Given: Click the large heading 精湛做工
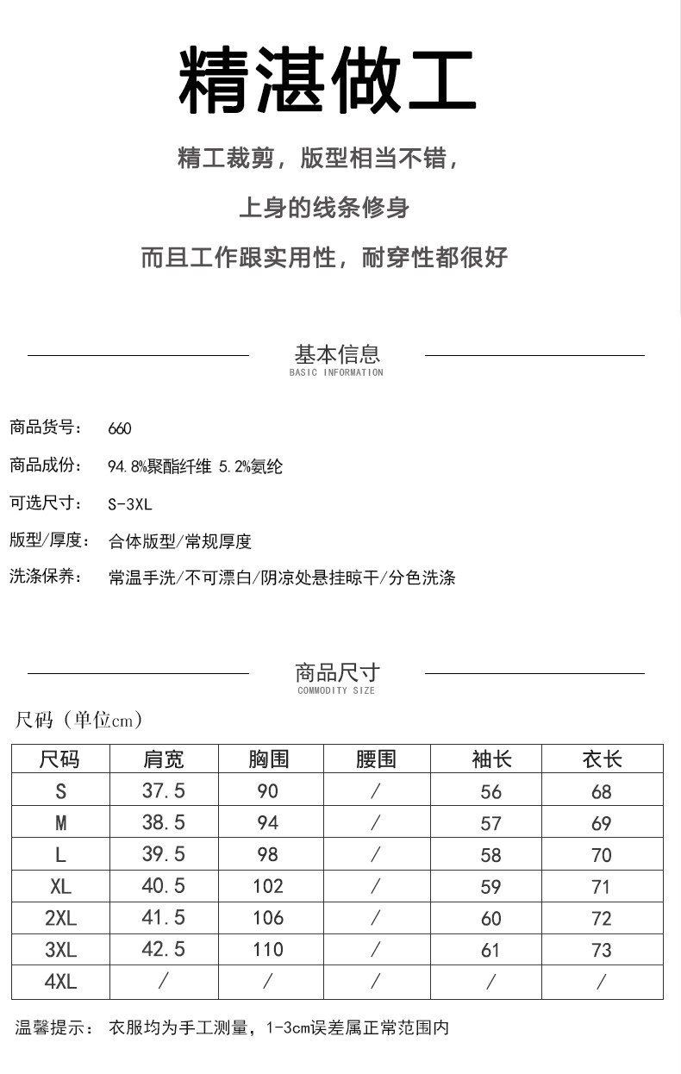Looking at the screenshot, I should pyautogui.click(x=328, y=81).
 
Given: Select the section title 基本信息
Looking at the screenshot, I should pyautogui.click(x=337, y=353).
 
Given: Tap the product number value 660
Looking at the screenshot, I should pyautogui.click(x=120, y=428).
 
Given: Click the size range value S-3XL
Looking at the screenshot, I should pyautogui.click(x=130, y=504).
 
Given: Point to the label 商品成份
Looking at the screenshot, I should pyautogui.click(x=45, y=466).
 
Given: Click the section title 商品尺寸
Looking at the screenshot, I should pyautogui.click(x=337, y=672).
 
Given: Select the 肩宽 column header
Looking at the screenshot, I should pyautogui.click(x=163, y=759).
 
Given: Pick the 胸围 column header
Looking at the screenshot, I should pyautogui.click(x=268, y=759).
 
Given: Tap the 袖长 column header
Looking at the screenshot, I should pyautogui.click(x=491, y=759).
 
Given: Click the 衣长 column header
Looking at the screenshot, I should pyautogui.click(x=602, y=759).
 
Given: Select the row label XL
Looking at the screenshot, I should pyautogui.click(x=60, y=886).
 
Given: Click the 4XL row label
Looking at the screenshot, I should pyautogui.click(x=60, y=981).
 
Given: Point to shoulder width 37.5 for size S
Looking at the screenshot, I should pyautogui.click(x=163, y=790).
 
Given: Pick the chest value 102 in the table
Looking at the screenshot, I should pyautogui.click(x=268, y=886).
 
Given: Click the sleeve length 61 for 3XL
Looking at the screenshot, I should pyautogui.click(x=491, y=950).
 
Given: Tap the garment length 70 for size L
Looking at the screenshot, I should pyautogui.click(x=602, y=855).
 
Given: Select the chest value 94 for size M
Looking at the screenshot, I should pyautogui.click(x=268, y=823).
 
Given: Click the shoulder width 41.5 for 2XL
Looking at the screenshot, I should pyautogui.click(x=163, y=918).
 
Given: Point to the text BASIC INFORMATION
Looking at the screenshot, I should pyautogui.click(x=336, y=372).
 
